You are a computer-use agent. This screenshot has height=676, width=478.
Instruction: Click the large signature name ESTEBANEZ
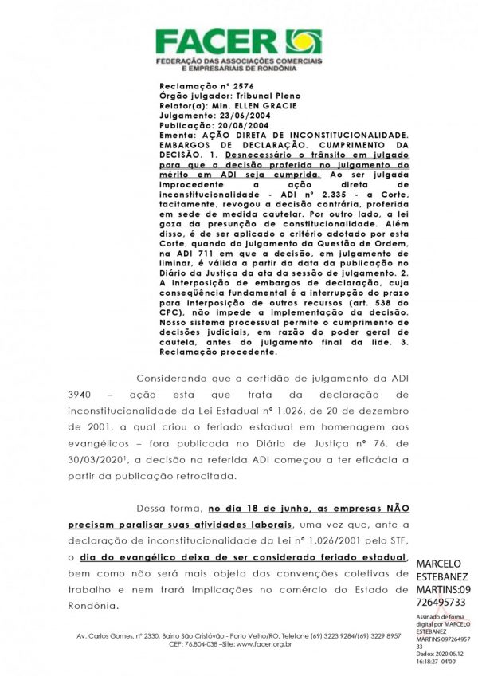click(x=445, y=576)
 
